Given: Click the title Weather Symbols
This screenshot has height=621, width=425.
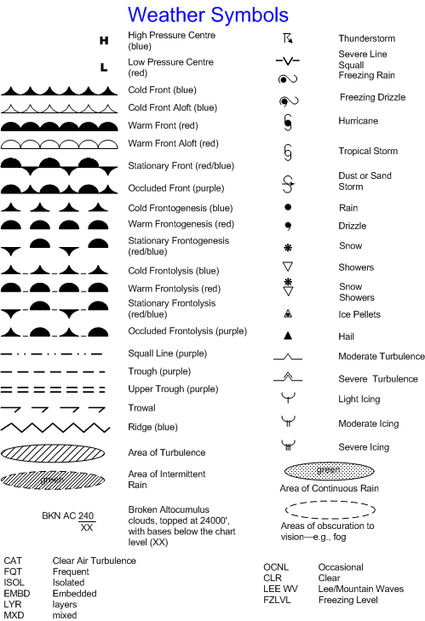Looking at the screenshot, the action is coord(208,14).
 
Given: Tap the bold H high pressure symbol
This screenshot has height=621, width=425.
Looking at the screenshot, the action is coord(104,40).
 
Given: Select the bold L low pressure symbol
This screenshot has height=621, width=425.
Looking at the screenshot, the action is coord(104,66).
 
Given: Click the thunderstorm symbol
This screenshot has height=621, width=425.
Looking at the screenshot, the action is coord(288,38).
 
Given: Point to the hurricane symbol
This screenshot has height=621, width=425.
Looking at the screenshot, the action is coord(288,121).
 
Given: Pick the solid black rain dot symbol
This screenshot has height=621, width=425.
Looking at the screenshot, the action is coord(288,206).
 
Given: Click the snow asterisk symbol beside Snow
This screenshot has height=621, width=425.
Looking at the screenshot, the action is coord(288,246).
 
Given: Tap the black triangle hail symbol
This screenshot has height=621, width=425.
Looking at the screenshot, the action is coord(288,336).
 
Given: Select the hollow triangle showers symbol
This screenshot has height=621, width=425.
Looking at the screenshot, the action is coord(288,267).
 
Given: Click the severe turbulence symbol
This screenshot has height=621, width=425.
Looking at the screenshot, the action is coord(288,377).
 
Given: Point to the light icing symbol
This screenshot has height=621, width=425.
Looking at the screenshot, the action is coord(288,398).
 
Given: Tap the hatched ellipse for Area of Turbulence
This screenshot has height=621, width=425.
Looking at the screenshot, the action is coord(55,452).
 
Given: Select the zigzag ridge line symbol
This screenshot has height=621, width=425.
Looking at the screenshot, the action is coord(55,426).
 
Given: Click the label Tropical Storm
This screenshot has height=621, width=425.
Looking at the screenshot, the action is coord(368,151).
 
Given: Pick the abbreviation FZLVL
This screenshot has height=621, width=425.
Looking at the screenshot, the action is coord(279,600).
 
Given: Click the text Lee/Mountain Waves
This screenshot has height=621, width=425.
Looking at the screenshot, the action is coord(360,589).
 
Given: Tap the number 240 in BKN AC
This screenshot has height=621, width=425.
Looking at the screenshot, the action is coord(86,515).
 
